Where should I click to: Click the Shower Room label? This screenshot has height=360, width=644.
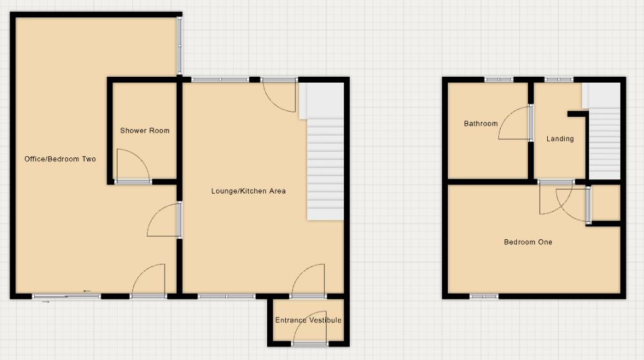click(145, 130)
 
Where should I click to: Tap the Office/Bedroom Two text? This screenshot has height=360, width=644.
click(60, 159)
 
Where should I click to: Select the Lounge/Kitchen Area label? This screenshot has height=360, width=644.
click(248, 191)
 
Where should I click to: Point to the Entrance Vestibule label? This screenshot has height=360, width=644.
click(308, 320)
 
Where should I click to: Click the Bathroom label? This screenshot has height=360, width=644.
click(481, 124)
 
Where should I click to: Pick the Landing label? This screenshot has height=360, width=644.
click(559, 139)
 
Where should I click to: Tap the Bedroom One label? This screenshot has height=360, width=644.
click(528, 242)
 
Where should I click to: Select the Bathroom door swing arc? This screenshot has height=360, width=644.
click(514, 123)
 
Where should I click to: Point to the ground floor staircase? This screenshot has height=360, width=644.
click(325, 168)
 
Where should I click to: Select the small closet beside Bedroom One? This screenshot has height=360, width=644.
click(606, 203)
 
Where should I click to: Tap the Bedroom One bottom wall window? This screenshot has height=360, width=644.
click(484, 297)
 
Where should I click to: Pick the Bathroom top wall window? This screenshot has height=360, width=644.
click(499, 79)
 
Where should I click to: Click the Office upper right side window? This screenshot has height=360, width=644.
click(180, 45)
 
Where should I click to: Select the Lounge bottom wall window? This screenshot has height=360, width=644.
click(226, 297)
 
